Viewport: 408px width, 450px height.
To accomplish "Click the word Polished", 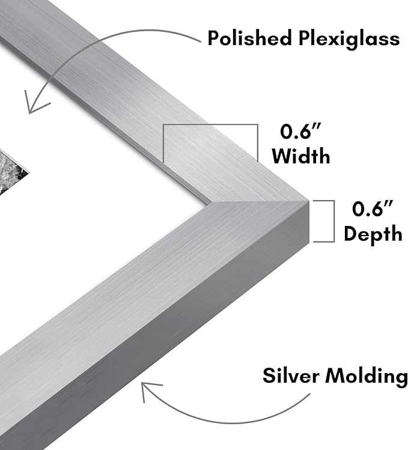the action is pos(249,38).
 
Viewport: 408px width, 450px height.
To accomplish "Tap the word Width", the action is pos(301,156).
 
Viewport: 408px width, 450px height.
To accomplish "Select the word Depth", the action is pos(373,235).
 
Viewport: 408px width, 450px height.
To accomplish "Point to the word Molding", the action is pos(367,377).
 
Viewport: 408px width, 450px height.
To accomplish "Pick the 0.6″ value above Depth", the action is pos(373,208).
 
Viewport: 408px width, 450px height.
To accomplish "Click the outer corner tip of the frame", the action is pos(308,200).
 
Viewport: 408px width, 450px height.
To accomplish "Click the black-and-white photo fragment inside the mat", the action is pos(11,171).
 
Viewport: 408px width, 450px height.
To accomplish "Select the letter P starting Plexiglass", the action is pos(305,38).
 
